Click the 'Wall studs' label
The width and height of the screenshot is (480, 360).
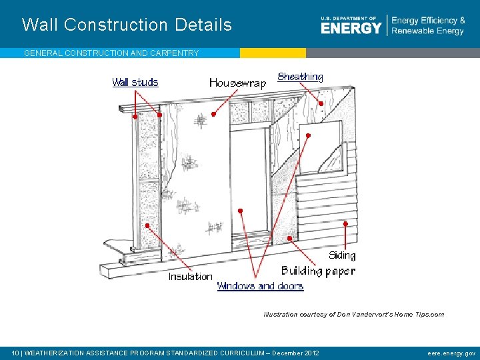[x=135, y=82]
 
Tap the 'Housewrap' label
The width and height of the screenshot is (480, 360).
[x=237, y=83]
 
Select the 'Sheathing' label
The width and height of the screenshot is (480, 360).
[x=300, y=77]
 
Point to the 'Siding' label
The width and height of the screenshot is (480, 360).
[x=342, y=255]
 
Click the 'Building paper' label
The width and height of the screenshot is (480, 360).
[x=318, y=271]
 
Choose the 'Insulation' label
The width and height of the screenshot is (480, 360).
[x=190, y=276]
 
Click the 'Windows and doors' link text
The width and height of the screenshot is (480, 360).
[x=260, y=286]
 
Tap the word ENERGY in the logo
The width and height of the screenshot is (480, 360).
[x=351, y=28]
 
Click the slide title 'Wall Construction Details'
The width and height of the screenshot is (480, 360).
[x=127, y=25]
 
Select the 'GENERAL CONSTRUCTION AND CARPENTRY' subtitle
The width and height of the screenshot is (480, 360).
[x=111, y=53]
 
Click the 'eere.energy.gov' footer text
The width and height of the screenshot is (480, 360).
[x=451, y=353]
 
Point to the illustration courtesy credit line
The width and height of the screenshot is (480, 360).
[x=353, y=314]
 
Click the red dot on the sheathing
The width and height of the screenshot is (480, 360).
[x=321, y=103]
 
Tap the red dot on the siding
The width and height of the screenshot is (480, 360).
[x=345, y=224]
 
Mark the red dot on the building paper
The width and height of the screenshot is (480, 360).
[x=289, y=237]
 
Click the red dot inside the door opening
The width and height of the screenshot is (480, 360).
[x=241, y=211]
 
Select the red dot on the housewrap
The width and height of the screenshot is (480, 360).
[x=213, y=114]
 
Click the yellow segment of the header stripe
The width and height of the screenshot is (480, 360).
[x=273, y=53]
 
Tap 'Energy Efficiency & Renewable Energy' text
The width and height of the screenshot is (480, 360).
[x=428, y=26]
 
